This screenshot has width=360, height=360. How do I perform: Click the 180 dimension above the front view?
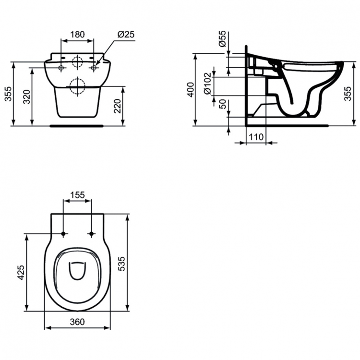[x=77, y=35]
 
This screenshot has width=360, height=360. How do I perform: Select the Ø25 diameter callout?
[x=125, y=35]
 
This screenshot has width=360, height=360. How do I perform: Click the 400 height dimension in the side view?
[x=191, y=90]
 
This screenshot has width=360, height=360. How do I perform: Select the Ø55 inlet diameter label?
[x=222, y=39]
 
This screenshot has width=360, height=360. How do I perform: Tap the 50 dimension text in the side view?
[x=222, y=104]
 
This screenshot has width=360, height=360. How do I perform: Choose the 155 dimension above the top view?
[x=77, y=195]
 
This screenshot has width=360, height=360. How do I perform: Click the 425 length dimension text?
[x=21, y=273]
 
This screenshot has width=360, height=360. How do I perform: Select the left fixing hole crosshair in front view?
[x=61, y=68]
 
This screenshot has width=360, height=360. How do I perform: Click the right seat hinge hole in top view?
[x=91, y=234]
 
